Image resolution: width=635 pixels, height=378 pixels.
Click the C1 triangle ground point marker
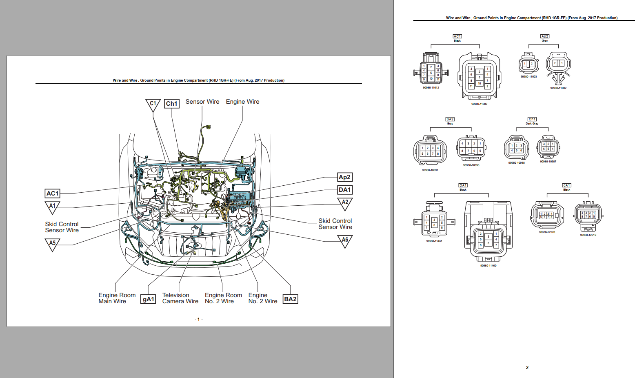click(153, 105)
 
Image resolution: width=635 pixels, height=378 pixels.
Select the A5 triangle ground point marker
click(52, 244)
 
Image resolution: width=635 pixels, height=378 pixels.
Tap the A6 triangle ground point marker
click(345, 241)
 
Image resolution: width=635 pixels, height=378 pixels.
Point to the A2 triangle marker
click(345, 203)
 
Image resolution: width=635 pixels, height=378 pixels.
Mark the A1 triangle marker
click(52, 207)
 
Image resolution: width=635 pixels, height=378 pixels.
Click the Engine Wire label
click(242, 102)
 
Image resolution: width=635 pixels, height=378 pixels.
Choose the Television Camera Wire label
click(180, 298)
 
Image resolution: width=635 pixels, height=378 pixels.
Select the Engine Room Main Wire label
click(117, 298)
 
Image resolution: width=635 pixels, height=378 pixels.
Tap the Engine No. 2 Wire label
click(262, 298)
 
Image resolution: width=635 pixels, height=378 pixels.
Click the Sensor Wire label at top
click(202, 102)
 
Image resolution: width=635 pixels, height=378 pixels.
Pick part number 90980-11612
click(431, 88)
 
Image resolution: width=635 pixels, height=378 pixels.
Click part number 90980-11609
click(479, 104)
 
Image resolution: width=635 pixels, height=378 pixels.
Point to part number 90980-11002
click(558, 88)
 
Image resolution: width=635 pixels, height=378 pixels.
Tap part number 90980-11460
click(488, 266)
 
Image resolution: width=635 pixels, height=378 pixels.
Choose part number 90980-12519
click(588, 235)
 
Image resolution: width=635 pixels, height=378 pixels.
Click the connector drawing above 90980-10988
click(516, 148)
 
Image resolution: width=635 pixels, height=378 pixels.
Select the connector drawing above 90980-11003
click(528, 63)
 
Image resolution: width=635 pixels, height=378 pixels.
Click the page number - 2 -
click(527, 367)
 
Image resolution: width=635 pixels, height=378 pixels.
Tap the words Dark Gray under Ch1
click(532, 124)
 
